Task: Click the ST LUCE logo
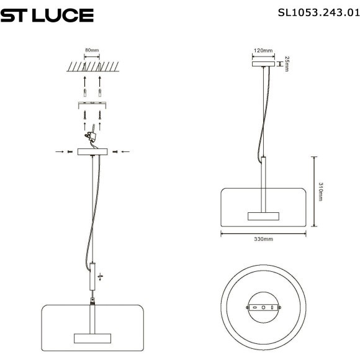(47, 15)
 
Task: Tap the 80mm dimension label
(92, 50)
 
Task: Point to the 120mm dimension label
(263, 50)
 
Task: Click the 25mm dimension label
(287, 63)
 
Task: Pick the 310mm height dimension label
(320, 192)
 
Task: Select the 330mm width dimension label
(264, 240)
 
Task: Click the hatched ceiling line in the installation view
(92, 66)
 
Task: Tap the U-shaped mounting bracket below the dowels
(92, 102)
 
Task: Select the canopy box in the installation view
(92, 151)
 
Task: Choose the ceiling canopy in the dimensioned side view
(263, 63)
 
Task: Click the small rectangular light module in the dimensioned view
(264, 216)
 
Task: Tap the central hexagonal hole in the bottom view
(264, 307)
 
